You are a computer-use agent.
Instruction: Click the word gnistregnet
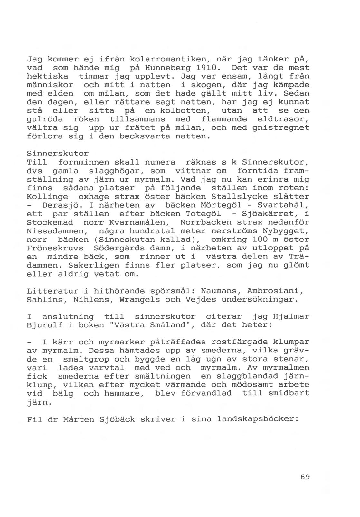coord(281,128)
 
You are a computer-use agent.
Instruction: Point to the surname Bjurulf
coord(44,325)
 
